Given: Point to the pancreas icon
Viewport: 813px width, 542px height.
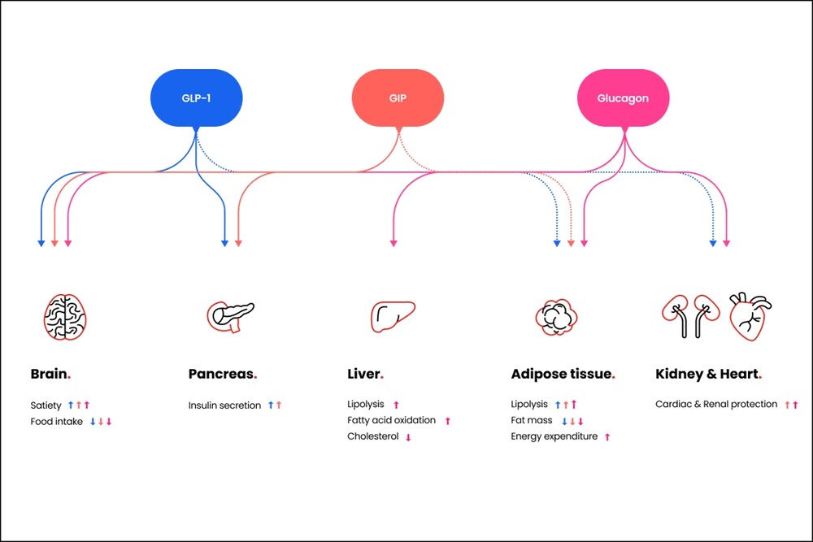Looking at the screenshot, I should click(x=230, y=315).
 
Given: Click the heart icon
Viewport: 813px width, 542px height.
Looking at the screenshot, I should click(x=750, y=315).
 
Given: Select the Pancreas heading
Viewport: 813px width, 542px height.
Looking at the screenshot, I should click(x=222, y=375).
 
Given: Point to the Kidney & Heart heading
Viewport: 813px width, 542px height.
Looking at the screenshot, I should click(x=707, y=375).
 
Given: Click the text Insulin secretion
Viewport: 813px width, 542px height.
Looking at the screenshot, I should click(x=224, y=405).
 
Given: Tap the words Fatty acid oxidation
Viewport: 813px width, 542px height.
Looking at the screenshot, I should click(x=391, y=420).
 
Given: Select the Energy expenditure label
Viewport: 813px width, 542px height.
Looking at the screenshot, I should click(x=554, y=436).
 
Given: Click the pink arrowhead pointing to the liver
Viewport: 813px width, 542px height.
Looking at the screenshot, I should click(x=393, y=242).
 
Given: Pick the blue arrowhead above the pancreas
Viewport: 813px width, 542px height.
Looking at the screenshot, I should click(x=225, y=242).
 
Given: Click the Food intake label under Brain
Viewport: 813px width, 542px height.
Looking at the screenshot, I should click(x=57, y=421).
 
